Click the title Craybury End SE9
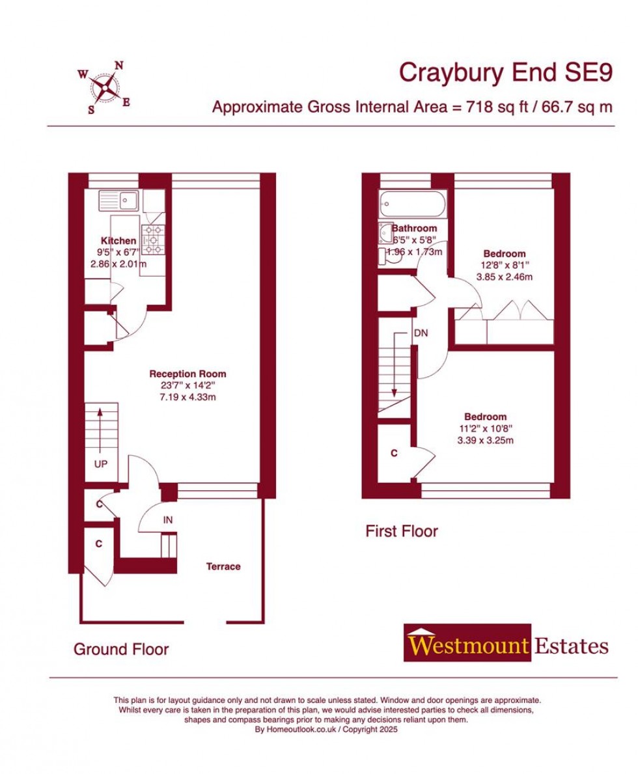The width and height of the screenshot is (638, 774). click(x=505, y=73)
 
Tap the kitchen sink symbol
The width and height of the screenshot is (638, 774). click(x=118, y=200)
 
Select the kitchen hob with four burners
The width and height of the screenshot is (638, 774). click(x=154, y=240)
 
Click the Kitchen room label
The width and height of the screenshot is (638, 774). click(x=118, y=241)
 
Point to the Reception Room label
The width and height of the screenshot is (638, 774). click(x=187, y=374)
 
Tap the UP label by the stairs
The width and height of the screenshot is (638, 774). click(x=100, y=464)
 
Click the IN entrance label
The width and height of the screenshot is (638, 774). click(x=168, y=519)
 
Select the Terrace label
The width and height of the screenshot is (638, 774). click(x=223, y=566)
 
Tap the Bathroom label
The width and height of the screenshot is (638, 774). click(x=414, y=228)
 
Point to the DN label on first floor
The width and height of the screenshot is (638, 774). click(x=421, y=333)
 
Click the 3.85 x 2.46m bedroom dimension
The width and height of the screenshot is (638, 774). click(x=504, y=277)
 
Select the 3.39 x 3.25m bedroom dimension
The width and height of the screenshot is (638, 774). click(x=485, y=440)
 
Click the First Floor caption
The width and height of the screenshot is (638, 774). click(x=401, y=531)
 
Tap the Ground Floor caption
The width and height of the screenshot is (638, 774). click(x=121, y=649)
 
